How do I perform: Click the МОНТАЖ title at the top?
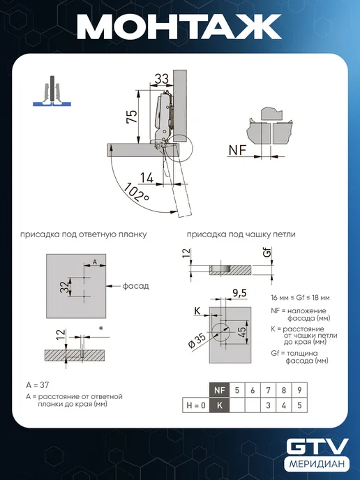coord(179,27)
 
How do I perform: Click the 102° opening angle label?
coord(136,193)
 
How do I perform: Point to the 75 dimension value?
coord(132,117)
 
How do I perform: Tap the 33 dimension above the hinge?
coord(161,79)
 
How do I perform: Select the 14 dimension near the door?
coord(147,178)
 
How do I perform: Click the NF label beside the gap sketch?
coord(237,150)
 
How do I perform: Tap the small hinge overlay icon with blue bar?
coord(52,91)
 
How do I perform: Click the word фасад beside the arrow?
coord(135,286)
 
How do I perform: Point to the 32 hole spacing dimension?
coord(65,287)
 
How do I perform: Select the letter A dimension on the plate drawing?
coord(95,262)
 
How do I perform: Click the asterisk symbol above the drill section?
coord(101,329)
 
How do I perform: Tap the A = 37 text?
coord(38,385)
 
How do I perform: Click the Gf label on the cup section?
coord(267,253)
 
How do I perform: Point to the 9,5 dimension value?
coord(239,293)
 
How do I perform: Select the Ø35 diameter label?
coord(197,340)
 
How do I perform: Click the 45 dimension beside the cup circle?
coord(241,331)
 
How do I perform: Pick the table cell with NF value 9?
coord(299,390)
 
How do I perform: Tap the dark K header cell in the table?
coord(220,405)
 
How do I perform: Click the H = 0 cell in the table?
coord(196,405)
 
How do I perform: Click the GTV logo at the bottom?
coord(317,447)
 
